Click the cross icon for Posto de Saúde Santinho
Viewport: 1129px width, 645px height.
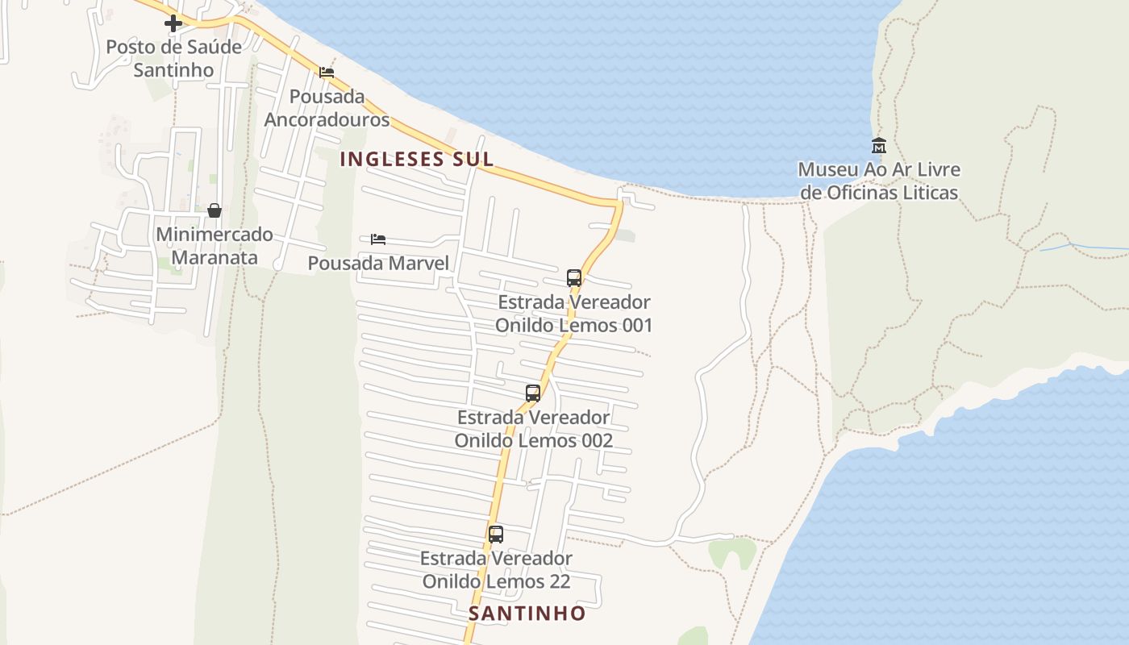point(173,24)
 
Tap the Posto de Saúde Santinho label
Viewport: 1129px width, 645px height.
point(173,58)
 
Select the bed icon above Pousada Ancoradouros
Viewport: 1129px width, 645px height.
point(327,73)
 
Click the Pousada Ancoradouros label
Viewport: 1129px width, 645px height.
point(327,108)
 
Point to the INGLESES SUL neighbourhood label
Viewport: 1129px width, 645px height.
point(416,159)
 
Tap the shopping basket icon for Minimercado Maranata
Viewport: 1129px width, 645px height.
point(215,211)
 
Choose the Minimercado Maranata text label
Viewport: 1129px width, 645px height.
point(215,246)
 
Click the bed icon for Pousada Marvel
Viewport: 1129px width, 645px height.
point(378,239)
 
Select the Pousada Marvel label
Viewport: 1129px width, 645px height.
point(378,263)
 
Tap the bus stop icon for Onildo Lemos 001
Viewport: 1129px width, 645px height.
point(574,278)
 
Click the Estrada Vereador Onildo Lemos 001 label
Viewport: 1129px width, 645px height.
point(573,314)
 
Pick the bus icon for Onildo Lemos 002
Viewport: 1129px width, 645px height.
point(533,393)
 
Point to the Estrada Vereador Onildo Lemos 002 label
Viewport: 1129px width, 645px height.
point(533,429)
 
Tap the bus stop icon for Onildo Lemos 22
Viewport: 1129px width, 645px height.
point(496,534)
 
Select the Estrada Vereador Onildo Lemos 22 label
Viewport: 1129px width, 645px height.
point(496,569)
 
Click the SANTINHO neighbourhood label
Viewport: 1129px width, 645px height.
point(527,614)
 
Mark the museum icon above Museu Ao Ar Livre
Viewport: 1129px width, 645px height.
point(879,146)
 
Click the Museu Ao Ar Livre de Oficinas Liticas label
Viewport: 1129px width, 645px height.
point(879,181)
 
